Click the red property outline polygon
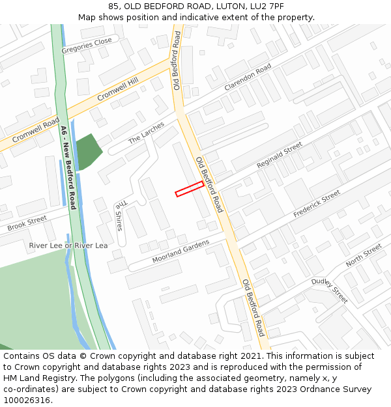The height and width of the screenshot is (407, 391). pos(190,189)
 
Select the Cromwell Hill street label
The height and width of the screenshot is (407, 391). pos(119,90)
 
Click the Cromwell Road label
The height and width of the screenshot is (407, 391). pos(35,130)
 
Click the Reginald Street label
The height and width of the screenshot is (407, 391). pos(280,155)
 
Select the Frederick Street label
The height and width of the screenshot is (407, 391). pos(317,204)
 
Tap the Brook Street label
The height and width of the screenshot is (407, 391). pos(27,223)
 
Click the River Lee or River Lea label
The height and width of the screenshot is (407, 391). pos(68,246)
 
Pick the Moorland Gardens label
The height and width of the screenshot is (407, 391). pos(181,251)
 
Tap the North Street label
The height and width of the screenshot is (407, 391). pos(364,255)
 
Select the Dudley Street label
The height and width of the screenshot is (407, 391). pos(329,290)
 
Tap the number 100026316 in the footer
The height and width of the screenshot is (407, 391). pos(27,400)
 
